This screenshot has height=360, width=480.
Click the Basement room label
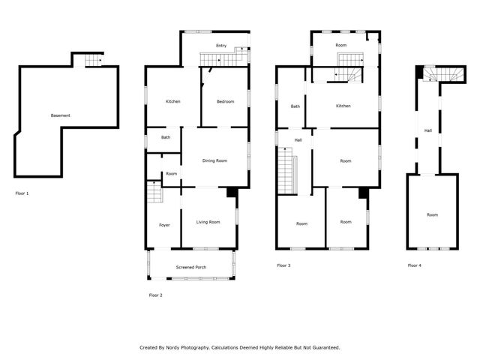(61, 115)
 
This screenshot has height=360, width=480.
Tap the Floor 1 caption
(22, 193)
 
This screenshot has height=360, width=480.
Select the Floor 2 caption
(155, 295)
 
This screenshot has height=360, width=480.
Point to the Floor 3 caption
(283, 265)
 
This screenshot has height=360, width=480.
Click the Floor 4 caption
(415, 265)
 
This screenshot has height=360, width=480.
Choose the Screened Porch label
(191, 268)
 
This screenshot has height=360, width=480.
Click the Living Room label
(208, 222)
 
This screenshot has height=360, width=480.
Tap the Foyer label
(163, 225)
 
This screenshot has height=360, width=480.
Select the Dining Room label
(215, 161)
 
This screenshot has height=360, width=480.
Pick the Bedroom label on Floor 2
(225, 102)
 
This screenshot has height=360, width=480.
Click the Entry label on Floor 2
(221, 46)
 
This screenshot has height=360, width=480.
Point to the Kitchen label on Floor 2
(172, 102)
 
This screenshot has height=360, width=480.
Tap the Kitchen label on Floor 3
(343, 106)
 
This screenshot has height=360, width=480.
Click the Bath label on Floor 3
(295, 106)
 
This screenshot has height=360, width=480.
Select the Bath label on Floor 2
(165, 137)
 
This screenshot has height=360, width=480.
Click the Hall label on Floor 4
(427, 130)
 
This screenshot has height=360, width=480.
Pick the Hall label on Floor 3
(298, 140)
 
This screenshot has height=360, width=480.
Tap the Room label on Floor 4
(432, 215)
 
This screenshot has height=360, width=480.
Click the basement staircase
(92, 61)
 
